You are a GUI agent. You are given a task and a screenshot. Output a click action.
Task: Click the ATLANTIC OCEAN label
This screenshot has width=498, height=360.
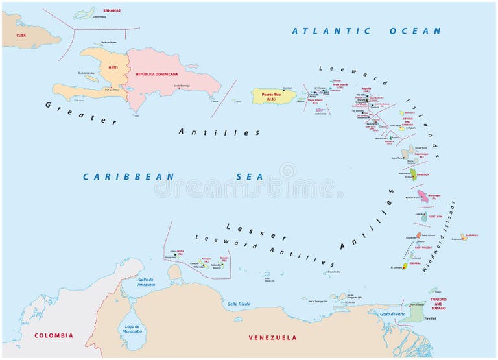pyautogui.click(x=366, y=30)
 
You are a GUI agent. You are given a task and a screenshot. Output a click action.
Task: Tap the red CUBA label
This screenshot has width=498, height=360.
pyautogui.click(x=21, y=35)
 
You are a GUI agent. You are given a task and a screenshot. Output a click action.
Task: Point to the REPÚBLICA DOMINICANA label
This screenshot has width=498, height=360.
pyautogui.click(x=156, y=74)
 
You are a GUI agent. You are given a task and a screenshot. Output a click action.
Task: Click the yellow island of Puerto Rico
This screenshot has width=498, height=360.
pyautogui.click(x=274, y=97)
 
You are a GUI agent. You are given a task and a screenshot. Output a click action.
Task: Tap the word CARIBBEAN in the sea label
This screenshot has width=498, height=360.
pyautogui.click(x=128, y=176)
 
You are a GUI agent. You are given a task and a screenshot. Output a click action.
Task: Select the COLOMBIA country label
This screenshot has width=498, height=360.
pyautogui.click(x=53, y=335)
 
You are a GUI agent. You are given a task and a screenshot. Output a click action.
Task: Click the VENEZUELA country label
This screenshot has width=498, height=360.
pyautogui.click(x=272, y=337)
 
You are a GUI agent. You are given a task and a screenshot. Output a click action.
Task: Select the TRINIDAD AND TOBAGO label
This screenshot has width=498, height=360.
pyautogui.click(x=439, y=303)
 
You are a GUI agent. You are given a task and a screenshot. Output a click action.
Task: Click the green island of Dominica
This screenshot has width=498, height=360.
pyautogui.click(x=413, y=174)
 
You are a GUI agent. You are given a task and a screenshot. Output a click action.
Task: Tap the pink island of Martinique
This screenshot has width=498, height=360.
pyautogui.click(x=423, y=196)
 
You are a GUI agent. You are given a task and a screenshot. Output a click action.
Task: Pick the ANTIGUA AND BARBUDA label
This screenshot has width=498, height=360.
pyautogui.click(x=408, y=120)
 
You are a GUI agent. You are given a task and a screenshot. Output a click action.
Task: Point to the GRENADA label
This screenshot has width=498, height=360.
pyautogui.click(x=423, y=254)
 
